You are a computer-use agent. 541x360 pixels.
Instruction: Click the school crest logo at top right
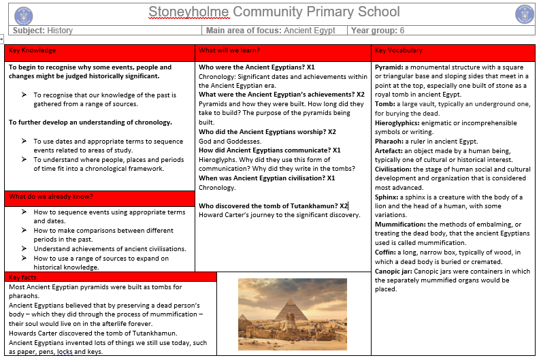pyautogui.click(x=524, y=14)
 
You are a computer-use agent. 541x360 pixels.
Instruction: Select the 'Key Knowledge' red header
pyautogui.click(x=33, y=50)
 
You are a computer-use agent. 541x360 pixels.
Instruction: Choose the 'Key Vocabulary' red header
pyautogui.click(x=399, y=50)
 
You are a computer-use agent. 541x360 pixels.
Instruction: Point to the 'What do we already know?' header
pyautogui.click(x=51, y=197)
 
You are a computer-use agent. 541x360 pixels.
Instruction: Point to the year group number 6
pyautogui.click(x=402, y=31)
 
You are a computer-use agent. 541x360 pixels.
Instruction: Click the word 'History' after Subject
pyautogui.click(x=60, y=31)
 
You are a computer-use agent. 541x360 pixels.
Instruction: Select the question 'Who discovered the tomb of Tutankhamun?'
pyautogui.click(x=268, y=206)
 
